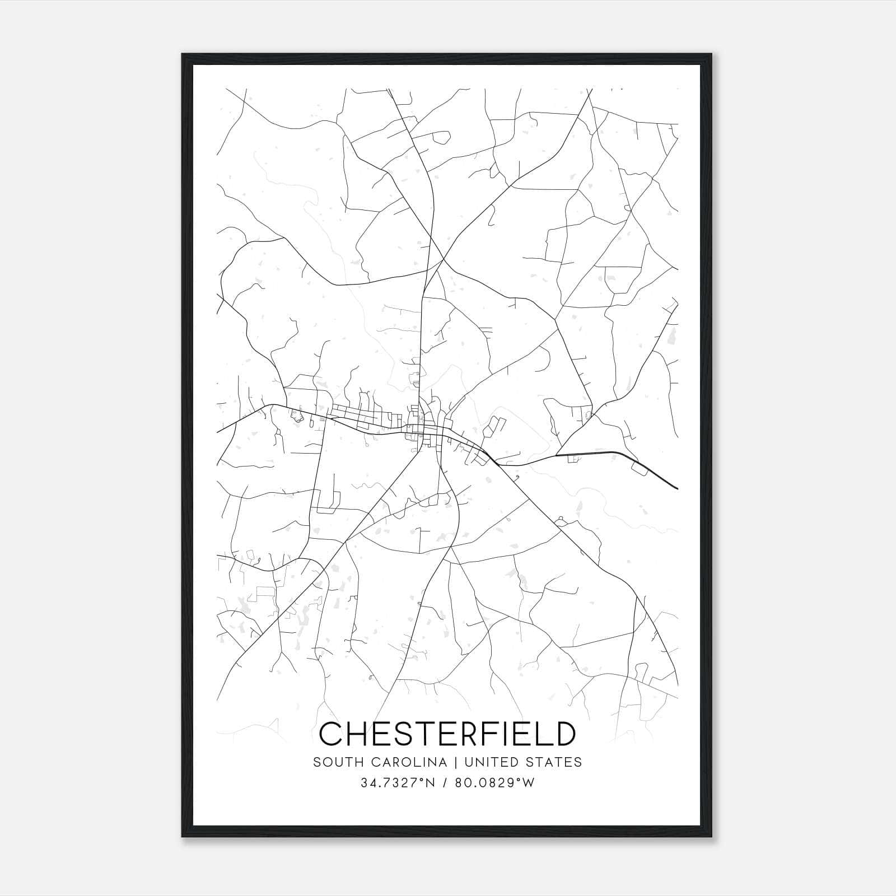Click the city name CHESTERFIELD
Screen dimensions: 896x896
tap(447, 734)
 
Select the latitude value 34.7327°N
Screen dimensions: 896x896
tap(398, 783)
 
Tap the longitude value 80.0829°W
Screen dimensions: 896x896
tap(494, 783)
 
